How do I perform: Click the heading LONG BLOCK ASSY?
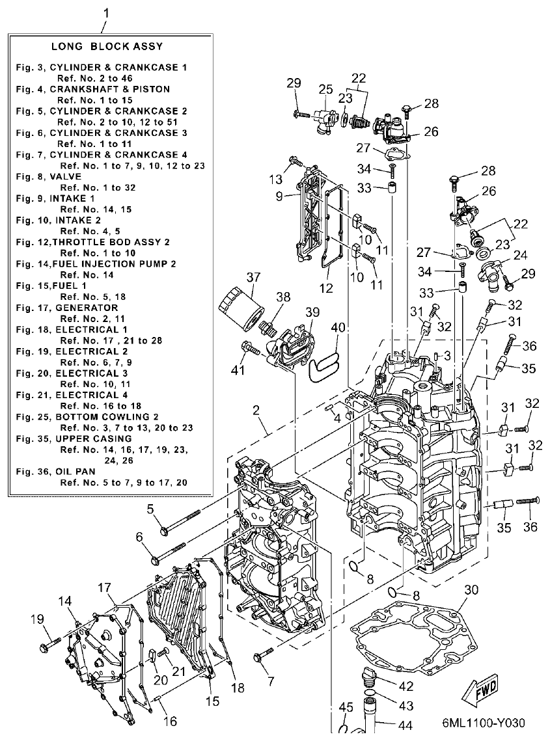pos(107,46)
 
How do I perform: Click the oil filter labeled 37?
pos(239,305)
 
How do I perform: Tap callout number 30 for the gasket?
pos(472,590)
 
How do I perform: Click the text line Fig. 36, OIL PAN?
pos(58,472)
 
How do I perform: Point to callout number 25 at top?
pos(325,88)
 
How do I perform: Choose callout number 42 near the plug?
pos(406,686)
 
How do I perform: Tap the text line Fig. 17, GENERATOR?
pos(67,308)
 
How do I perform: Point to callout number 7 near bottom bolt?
pos(269,682)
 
